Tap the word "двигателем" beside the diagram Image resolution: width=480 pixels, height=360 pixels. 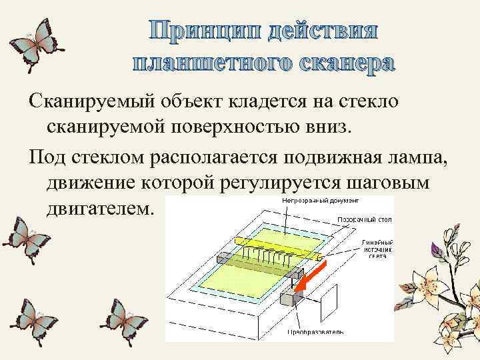(x=100, y=209)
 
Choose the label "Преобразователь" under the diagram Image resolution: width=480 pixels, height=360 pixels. (x=316, y=331)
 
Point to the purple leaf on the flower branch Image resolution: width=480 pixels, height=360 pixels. (x=438, y=249)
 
